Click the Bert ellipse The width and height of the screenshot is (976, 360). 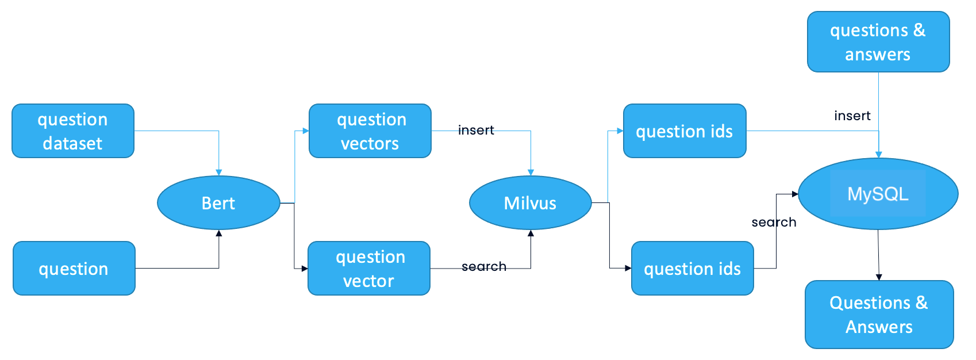click(x=218, y=202)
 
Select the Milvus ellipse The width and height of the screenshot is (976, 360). click(x=530, y=202)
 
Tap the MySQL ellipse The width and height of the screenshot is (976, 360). click(x=878, y=194)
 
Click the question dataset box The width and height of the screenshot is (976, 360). click(x=73, y=131)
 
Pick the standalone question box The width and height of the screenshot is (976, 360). click(x=74, y=268)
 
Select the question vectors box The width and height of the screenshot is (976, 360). click(x=370, y=131)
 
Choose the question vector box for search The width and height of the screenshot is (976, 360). click(x=369, y=268)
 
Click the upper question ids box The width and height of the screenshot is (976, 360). click(x=685, y=131)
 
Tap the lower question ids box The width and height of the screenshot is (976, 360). click(x=692, y=268)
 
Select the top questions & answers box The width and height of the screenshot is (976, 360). click(x=878, y=41)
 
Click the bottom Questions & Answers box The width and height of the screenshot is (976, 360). click(x=879, y=314)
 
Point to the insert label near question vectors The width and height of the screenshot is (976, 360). click(x=476, y=130)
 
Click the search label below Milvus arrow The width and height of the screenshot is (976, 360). click(x=483, y=266)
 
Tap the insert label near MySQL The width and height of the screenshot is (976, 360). click(x=852, y=116)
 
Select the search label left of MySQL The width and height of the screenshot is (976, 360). click(x=774, y=222)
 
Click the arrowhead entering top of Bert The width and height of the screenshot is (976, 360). click(x=218, y=172)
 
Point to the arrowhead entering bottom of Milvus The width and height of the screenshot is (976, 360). click(x=531, y=233)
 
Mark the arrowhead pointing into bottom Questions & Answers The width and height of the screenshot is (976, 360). click(x=879, y=277)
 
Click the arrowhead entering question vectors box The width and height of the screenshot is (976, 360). click(x=306, y=131)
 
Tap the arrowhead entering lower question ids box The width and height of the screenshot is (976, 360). click(x=628, y=268)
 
